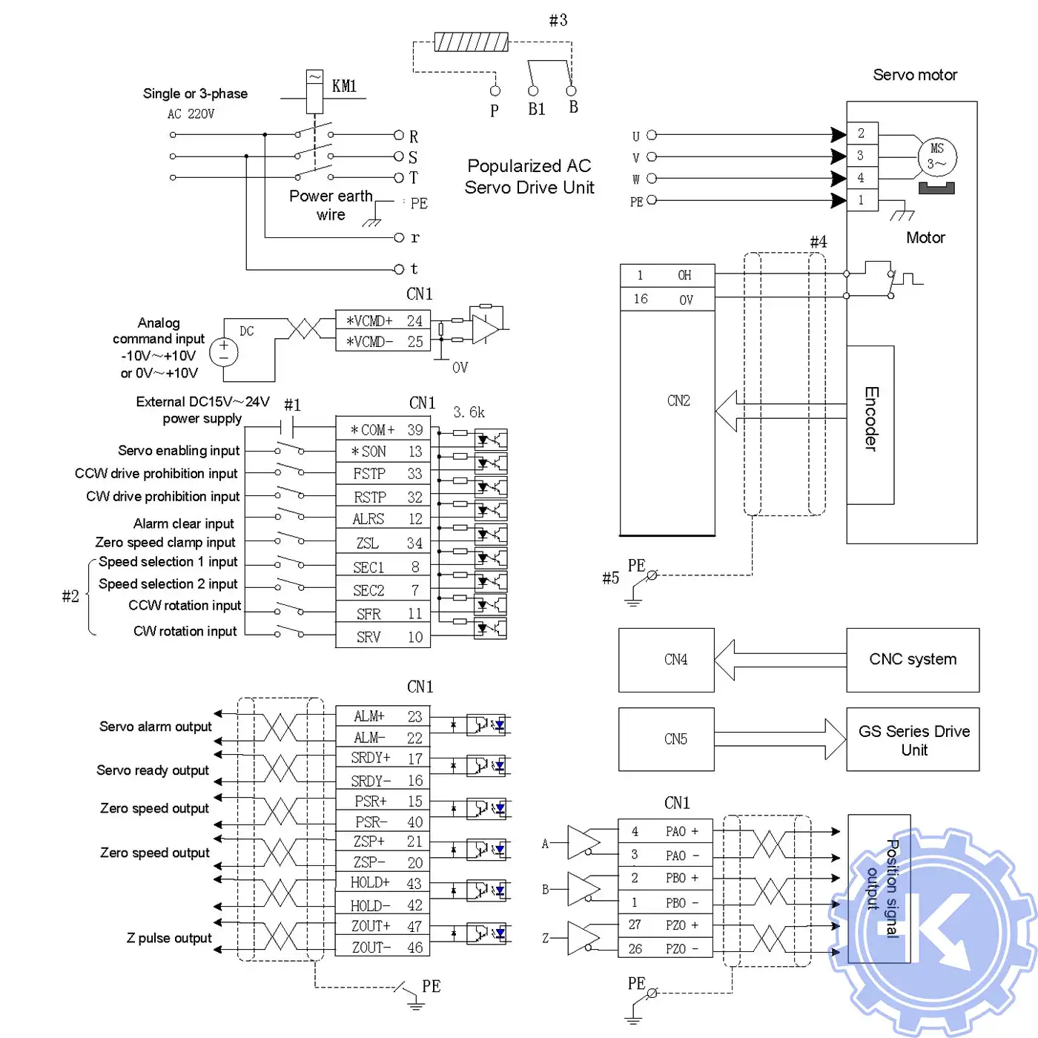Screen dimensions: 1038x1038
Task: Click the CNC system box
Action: coord(913,659)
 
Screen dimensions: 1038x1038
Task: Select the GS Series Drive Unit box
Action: coord(913,739)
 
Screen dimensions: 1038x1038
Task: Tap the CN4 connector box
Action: coord(667,659)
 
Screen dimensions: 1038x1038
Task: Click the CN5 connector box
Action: coord(667,739)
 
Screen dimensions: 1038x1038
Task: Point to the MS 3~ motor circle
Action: coord(937,156)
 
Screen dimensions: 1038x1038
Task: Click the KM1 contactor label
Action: coord(344,86)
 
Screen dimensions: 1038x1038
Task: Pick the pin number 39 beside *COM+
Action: coord(415,430)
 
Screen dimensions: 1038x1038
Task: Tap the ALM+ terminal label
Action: coord(369,716)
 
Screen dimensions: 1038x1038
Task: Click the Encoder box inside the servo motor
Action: coord(870,424)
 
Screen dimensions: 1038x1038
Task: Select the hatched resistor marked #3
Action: coord(471,42)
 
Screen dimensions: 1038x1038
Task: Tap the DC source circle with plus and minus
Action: coord(224,351)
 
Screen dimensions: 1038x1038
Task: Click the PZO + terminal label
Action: coord(681,925)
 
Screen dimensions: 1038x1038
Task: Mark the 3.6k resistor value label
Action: coord(469,412)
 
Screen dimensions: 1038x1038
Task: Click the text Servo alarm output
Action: coord(156,727)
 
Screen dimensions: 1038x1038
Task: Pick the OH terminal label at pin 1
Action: coord(684,276)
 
